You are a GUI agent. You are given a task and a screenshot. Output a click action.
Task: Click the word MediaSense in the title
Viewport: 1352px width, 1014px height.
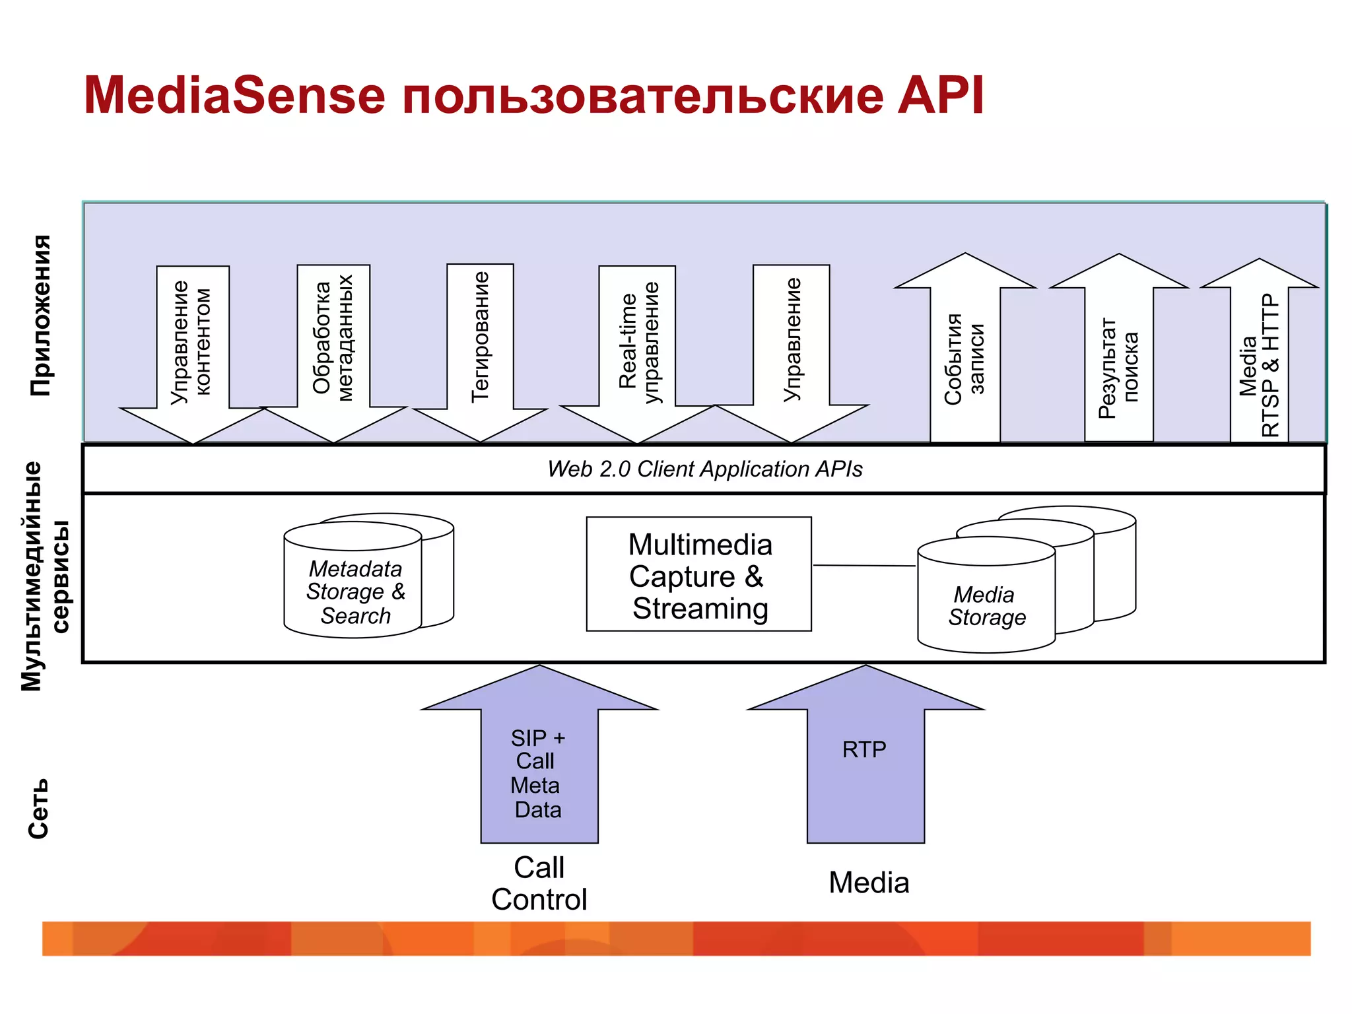point(234,96)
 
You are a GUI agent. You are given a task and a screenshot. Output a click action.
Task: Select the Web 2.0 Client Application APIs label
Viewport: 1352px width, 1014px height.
point(704,469)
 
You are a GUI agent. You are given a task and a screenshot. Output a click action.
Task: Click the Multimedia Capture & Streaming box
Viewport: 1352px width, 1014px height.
point(698,575)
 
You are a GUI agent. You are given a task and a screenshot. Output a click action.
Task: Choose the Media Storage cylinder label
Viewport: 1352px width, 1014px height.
point(986,606)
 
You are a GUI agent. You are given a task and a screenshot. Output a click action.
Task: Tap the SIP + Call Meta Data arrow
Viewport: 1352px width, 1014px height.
point(539,772)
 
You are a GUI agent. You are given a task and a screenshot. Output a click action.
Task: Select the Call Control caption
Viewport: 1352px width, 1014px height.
point(539,883)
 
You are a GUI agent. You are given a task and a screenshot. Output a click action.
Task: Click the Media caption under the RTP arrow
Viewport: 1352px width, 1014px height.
point(869,883)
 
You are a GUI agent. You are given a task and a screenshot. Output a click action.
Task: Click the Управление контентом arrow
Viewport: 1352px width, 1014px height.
point(192,343)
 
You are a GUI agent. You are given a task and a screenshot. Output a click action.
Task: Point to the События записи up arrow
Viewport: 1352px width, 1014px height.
point(964,356)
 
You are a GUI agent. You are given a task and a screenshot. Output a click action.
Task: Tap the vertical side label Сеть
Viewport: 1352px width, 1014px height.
point(38,809)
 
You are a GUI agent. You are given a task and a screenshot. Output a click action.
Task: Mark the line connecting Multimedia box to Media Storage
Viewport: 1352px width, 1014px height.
point(863,566)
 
